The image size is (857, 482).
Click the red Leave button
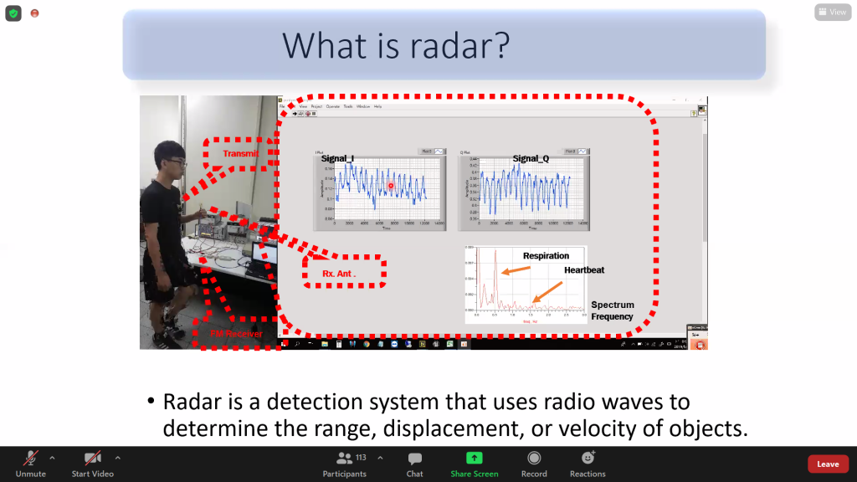tap(827, 464)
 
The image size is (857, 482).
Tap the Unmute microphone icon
tap(30, 459)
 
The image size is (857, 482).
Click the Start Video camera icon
tap(92, 459)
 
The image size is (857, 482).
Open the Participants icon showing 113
tap(344, 459)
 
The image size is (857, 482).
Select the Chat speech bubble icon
tap(414, 459)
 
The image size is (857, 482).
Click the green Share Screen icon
tap(474, 458)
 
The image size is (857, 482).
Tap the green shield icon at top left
tap(13, 13)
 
